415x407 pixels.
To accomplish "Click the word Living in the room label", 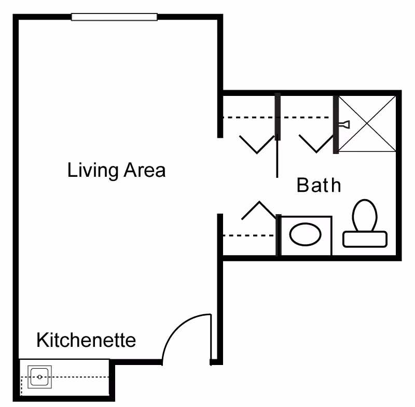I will point(91,170).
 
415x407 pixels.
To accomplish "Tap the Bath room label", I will point(319,185).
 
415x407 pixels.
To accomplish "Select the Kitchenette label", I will point(86,341).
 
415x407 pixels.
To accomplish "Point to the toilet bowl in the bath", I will point(364,214).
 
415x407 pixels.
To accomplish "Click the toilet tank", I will point(365,238).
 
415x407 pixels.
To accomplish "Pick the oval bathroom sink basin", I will point(306,235).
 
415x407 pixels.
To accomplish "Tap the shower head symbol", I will point(344,124).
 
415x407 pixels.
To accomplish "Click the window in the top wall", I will point(114,17).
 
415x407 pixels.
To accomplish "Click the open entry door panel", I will point(210,337).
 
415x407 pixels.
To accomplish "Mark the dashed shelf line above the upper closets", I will point(249,118).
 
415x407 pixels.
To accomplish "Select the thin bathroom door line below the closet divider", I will point(277,158).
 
